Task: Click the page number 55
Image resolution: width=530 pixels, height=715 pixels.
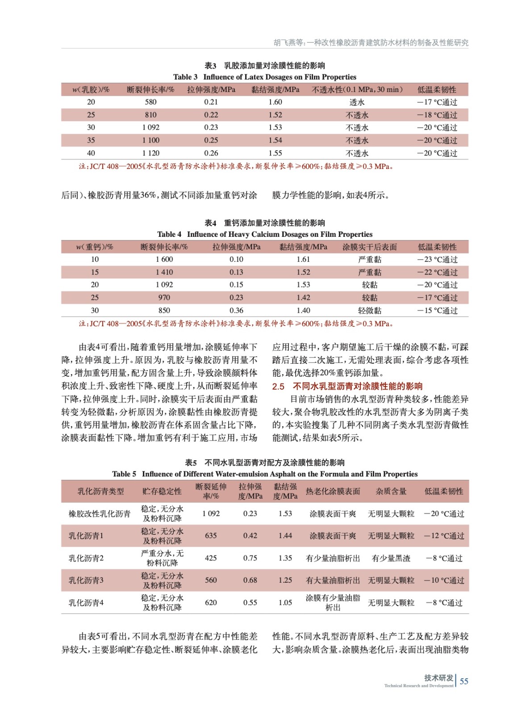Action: tap(464, 681)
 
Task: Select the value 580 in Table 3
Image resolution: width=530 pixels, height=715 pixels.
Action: tap(150, 102)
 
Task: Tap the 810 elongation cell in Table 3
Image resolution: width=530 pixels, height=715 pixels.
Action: tap(150, 115)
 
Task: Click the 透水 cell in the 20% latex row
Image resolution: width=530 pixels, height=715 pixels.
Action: tap(357, 102)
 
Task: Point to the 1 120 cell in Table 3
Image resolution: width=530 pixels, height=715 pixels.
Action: tap(150, 153)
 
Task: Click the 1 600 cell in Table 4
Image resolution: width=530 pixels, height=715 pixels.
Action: tap(164, 259)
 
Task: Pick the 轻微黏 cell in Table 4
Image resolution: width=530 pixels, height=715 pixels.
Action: tap(370, 311)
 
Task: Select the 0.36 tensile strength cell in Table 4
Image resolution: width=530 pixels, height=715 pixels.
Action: tap(236, 311)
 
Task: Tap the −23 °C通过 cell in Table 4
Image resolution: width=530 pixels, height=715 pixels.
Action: tap(437, 260)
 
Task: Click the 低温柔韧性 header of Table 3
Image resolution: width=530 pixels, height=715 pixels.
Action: tap(437, 90)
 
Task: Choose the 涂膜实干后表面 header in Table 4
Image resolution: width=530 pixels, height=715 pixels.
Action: tap(370, 247)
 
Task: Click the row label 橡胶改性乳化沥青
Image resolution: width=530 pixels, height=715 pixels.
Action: tap(99, 513)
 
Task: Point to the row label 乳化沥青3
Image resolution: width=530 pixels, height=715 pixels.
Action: tap(86, 580)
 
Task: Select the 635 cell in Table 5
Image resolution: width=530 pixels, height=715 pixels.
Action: tap(211, 535)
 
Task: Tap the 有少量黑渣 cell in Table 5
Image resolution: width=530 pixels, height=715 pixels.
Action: tap(391, 558)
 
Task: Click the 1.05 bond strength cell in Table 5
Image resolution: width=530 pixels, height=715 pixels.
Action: tap(285, 602)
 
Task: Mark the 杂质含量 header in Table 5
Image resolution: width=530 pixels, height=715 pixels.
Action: tap(391, 491)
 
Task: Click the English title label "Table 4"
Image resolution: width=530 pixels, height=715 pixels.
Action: tap(169, 234)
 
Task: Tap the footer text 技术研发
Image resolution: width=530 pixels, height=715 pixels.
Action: tap(438, 677)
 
